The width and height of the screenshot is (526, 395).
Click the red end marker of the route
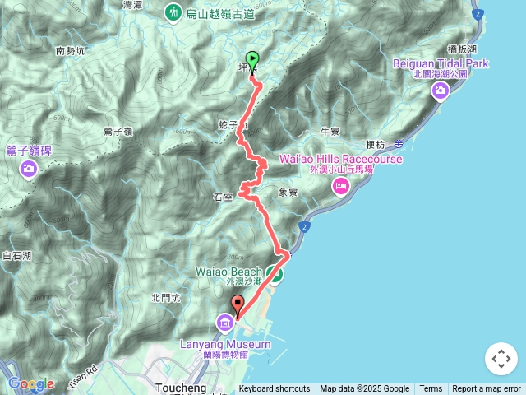[x=238, y=304]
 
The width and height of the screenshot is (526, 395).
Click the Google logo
[x=30, y=383]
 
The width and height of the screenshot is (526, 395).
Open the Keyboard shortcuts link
[x=275, y=389]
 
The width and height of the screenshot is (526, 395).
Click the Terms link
[x=431, y=389]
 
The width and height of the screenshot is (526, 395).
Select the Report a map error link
[x=487, y=389]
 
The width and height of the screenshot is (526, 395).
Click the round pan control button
[x=501, y=359]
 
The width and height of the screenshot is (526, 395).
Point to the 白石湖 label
[x=17, y=257]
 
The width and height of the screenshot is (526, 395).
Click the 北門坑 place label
[x=165, y=298]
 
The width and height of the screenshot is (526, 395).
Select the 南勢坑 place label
[x=71, y=51]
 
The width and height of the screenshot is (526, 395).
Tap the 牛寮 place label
[x=330, y=131]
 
